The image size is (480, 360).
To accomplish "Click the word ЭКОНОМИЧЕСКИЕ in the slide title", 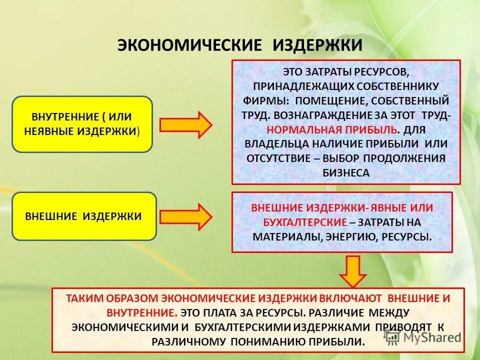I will pyautogui.click(x=189, y=44).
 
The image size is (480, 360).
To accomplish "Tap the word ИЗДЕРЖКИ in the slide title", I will pyautogui.click(x=317, y=44).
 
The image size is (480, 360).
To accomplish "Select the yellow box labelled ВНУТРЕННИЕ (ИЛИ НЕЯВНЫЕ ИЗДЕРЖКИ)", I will pyautogui.click(x=82, y=124).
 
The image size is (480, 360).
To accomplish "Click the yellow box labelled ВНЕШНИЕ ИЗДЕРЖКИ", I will pyautogui.click(x=84, y=216).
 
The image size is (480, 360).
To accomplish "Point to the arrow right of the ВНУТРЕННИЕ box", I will pyautogui.click(x=186, y=124).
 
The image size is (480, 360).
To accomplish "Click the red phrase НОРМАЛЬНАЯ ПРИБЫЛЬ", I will pyautogui.click(x=332, y=129).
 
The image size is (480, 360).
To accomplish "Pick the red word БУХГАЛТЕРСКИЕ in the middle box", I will pyautogui.click(x=304, y=221).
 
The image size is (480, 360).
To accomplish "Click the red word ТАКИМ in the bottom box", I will pyautogui.click(x=85, y=298).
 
